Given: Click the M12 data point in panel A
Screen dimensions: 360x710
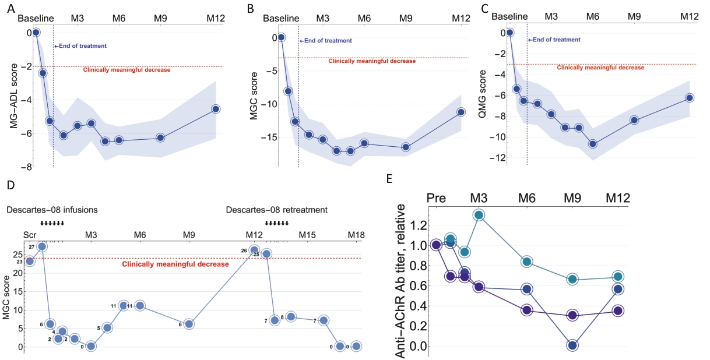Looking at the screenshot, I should click(x=216, y=109).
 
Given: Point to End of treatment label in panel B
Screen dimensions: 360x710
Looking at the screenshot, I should click(x=326, y=41).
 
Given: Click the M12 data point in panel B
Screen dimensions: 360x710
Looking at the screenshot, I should click(x=461, y=112).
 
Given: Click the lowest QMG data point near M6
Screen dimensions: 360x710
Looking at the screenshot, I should click(x=592, y=144).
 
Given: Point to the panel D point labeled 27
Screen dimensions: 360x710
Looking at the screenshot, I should click(x=42, y=246).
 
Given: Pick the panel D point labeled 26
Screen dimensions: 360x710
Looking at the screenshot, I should click(x=254, y=250).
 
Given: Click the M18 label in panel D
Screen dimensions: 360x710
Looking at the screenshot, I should click(x=356, y=235).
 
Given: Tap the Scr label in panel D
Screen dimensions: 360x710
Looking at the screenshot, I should click(x=29, y=235).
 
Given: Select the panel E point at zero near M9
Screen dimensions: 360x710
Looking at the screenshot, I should click(x=572, y=345).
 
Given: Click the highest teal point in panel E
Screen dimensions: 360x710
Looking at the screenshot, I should click(x=479, y=215).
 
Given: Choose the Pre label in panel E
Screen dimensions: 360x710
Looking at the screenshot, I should click(x=436, y=197).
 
